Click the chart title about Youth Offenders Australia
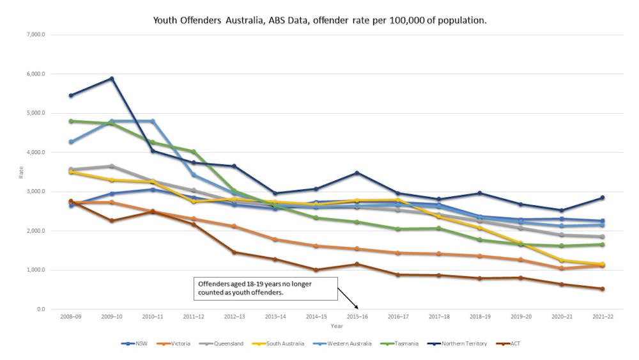(319, 20)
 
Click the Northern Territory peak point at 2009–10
(112, 79)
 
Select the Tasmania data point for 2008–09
(71, 121)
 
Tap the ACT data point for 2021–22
(602, 289)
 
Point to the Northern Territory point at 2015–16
(357, 173)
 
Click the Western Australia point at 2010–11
(153, 121)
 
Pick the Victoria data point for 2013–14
(275, 240)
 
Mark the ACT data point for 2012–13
(235, 253)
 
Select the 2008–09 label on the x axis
(71, 317)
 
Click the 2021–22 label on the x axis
(602, 317)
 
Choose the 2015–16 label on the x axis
(357, 317)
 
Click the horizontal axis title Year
(337, 326)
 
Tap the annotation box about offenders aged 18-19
(265, 289)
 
